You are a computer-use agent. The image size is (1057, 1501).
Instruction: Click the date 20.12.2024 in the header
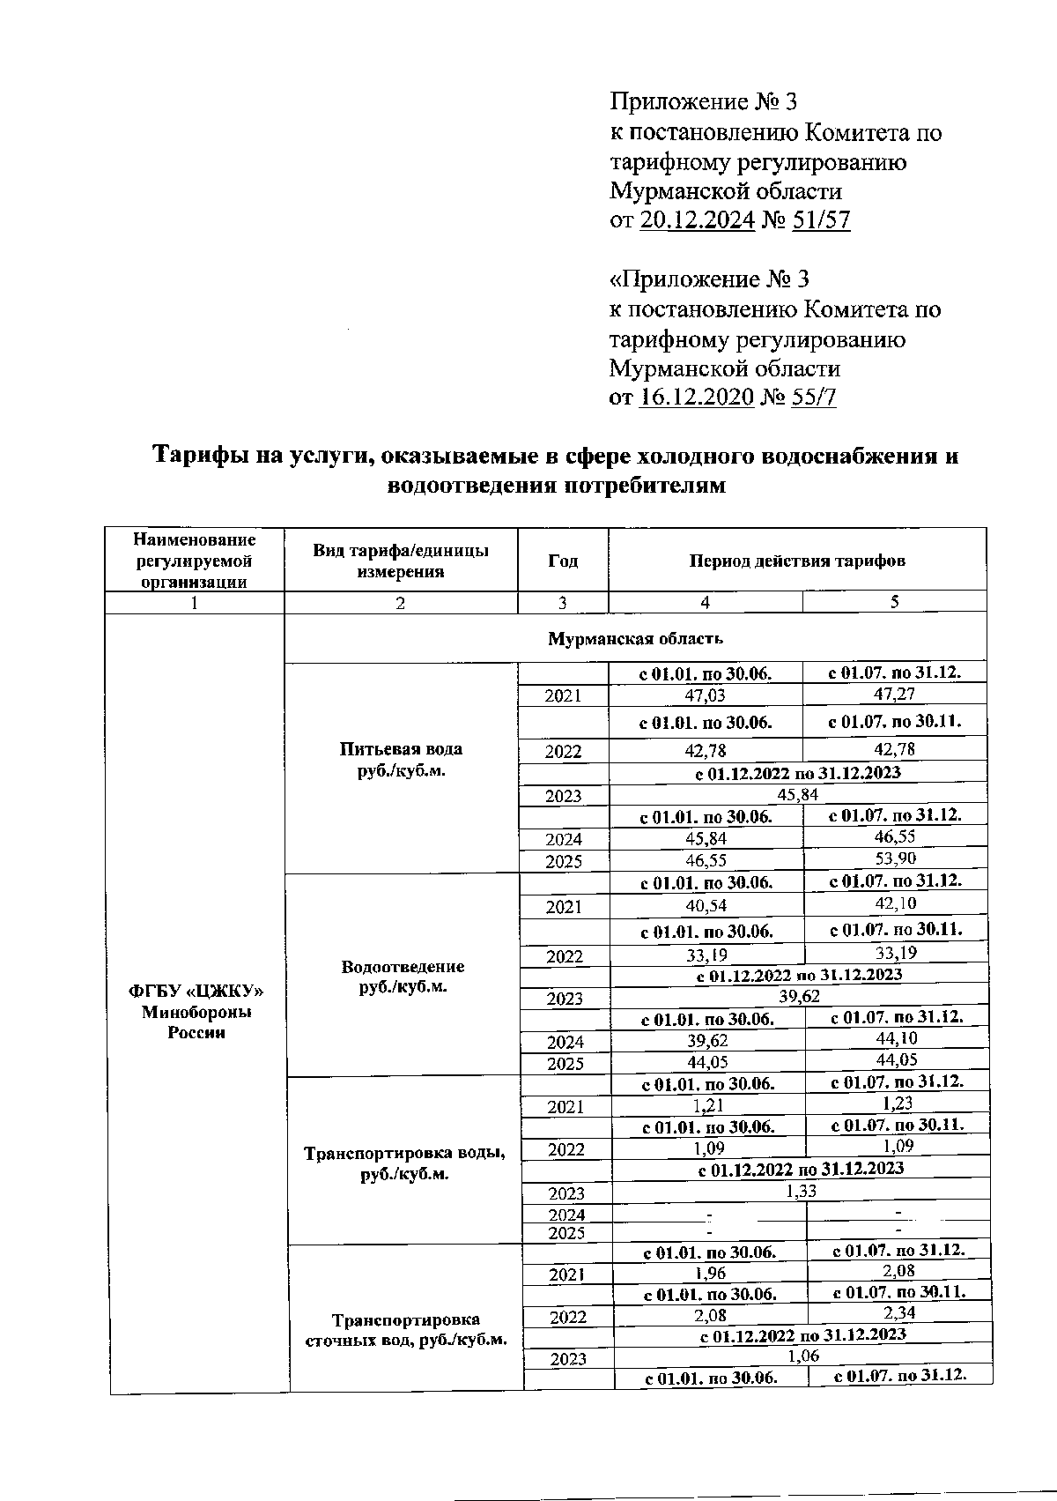(697, 219)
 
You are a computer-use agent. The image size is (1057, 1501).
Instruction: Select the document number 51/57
(821, 219)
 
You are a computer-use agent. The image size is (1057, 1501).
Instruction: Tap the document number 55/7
(814, 397)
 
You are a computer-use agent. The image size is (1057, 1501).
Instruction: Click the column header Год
(562, 561)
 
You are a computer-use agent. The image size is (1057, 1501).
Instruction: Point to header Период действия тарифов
(797, 561)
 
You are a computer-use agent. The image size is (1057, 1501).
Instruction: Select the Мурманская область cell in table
(635, 638)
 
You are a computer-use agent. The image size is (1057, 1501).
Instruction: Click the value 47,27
(894, 695)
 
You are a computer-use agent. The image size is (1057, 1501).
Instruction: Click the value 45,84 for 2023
(798, 794)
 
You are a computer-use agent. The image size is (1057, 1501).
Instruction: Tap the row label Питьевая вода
(401, 749)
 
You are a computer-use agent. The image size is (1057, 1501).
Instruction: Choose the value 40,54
(706, 904)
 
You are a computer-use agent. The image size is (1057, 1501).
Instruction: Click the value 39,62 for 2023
(799, 996)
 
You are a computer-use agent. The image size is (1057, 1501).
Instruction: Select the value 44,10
(897, 1039)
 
